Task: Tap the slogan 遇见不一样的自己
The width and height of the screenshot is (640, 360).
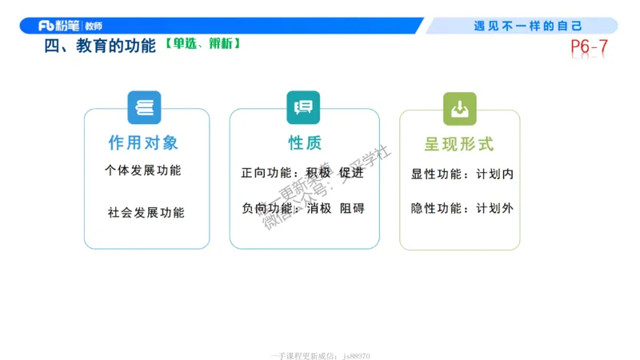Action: (x=527, y=26)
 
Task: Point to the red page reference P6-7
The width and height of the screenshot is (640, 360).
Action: (x=589, y=48)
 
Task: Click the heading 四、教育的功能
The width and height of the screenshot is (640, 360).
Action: (x=100, y=46)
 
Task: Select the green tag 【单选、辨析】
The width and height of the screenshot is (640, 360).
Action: (x=203, y=44)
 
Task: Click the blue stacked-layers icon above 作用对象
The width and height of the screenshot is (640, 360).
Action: (x=144, y=107)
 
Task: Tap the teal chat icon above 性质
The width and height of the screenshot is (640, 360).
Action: (x=303, y=107)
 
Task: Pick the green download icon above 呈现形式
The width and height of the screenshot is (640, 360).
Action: (x=459, y=108)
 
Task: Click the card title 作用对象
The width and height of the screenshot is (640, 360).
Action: (x=144, y=143)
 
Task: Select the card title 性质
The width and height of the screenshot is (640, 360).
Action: (x=305, y=143)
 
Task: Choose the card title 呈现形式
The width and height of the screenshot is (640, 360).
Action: (x=459, y=144)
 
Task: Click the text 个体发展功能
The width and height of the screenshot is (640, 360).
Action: (x=143, y=170)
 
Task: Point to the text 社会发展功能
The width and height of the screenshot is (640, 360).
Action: (x=146, y=213)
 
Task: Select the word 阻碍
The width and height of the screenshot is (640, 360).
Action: (x=352, y=208)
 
